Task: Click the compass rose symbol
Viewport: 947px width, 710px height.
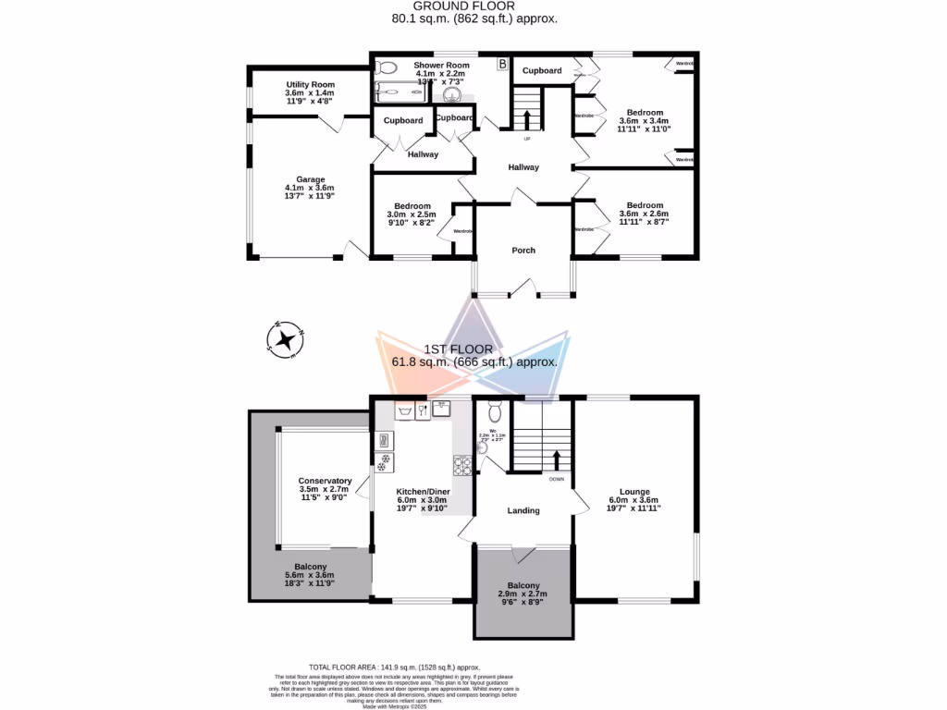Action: [287, 339]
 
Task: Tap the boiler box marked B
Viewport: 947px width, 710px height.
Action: [502, 65]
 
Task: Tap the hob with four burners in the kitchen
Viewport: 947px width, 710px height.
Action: [461, 464]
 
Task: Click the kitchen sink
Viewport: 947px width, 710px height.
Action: [404, 411]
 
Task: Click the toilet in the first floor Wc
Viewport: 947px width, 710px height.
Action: [494, 412]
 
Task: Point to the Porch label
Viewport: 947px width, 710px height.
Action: [523, 251]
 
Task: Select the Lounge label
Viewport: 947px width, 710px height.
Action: [634, 492]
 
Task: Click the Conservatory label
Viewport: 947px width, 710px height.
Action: [325, 481]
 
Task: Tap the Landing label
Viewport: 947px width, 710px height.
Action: [523, 510]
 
